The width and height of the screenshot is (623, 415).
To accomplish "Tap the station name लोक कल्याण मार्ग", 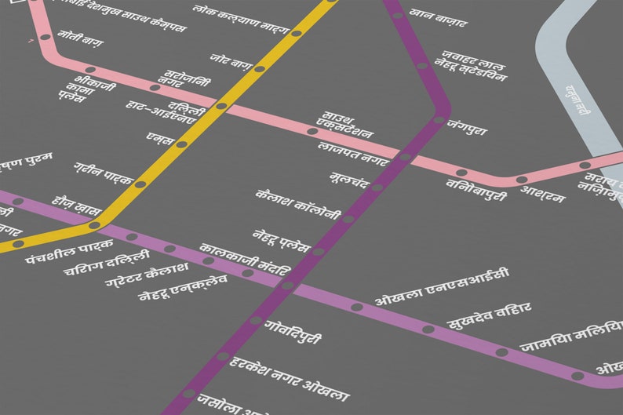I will pos(241,21).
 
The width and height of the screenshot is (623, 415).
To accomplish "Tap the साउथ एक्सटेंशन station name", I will pos(344,126).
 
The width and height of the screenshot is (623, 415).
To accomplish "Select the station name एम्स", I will pos(159,138).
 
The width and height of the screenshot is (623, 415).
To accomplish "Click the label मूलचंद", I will pos(348,180).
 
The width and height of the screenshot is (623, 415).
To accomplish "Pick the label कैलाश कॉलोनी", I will pos(298,203).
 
